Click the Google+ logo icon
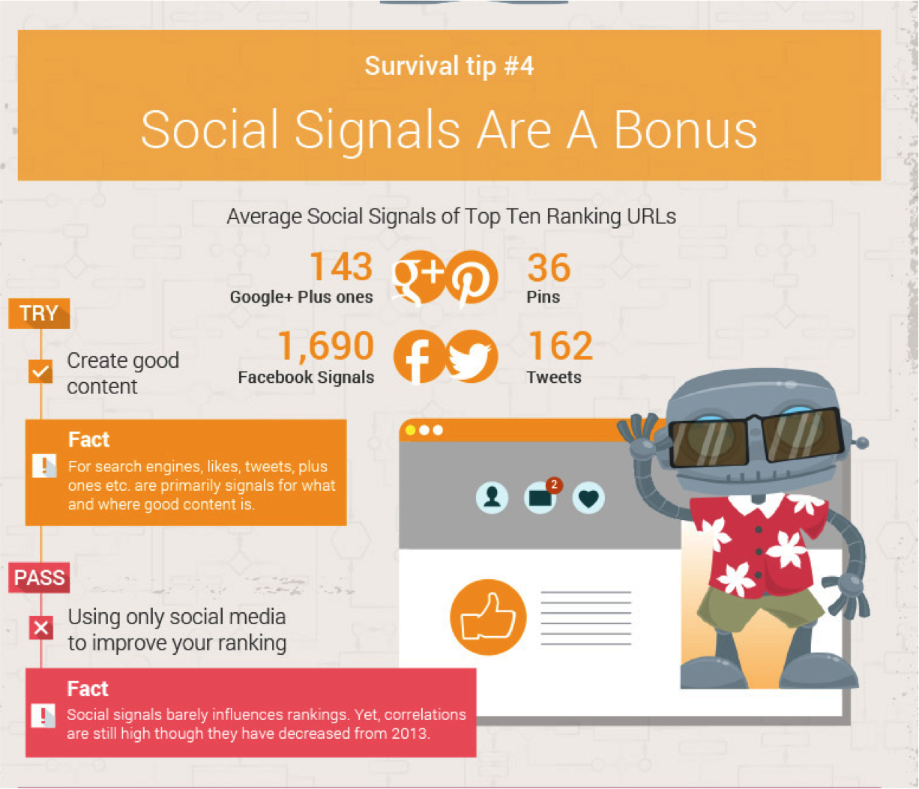pos(419,277)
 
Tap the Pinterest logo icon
pos(471,277)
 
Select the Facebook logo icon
pos(420,357)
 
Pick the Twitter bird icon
pos(471,357)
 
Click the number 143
pos(341,267)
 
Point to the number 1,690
pos(326,346)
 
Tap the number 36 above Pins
pos(549,267)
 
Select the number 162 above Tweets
pos(560,346)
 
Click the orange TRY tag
pos(39,313)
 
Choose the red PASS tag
pos(39,578)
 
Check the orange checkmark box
pos(40,371)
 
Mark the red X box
pos(41,628)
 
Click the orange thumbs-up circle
pos(488,617)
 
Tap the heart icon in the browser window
pos(588,498)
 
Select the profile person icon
pos(492,498)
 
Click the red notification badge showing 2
pos(554,485)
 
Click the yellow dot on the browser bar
pos(410,430)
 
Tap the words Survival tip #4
pos(449,66)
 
